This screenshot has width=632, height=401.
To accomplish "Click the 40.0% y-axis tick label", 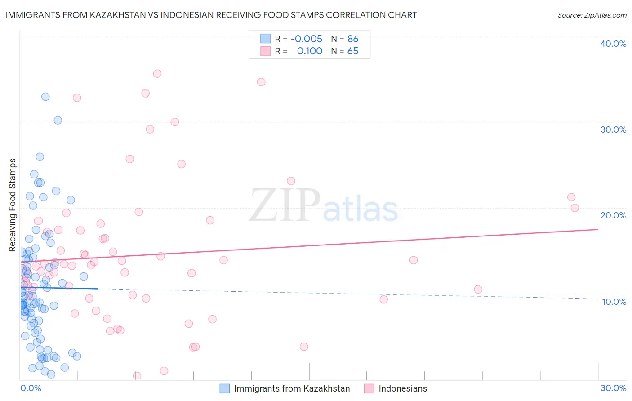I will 613,44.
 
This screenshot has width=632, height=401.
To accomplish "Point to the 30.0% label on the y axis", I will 613,129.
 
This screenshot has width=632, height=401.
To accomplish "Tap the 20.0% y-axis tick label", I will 613,215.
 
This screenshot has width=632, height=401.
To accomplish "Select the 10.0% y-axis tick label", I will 614,302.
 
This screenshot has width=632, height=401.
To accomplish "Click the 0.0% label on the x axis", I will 31,388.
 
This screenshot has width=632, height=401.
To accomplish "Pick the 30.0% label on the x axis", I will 613,388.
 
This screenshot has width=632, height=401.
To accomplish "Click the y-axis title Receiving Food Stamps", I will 13,205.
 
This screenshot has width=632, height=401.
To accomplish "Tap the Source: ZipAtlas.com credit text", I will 592,15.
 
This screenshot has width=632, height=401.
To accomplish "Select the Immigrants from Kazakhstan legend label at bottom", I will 292,388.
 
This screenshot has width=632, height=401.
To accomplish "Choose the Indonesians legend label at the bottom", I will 403,388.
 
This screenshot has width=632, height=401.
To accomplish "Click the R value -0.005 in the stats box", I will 307,39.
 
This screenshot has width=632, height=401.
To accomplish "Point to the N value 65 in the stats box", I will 353,51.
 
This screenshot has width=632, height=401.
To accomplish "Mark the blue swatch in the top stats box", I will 266,39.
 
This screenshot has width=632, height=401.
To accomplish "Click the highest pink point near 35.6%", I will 157,74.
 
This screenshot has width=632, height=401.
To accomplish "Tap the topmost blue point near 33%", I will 45,97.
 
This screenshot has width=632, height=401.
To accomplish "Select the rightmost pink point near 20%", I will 574,208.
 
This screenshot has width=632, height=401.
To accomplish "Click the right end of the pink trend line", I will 598,229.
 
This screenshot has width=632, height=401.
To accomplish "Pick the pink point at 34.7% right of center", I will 261,82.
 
